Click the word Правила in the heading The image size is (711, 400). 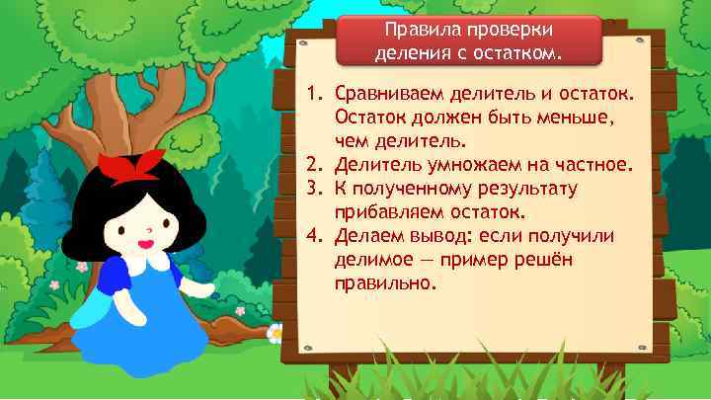415,30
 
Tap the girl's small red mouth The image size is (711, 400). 145,240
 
